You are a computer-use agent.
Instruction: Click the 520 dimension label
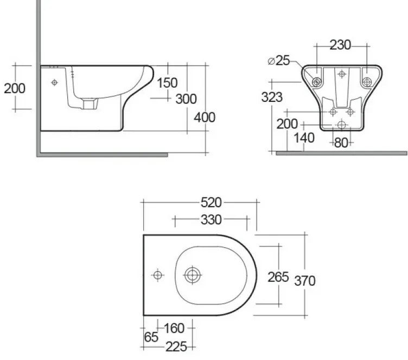coord(211,202)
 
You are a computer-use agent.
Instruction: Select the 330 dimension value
coord(211,220)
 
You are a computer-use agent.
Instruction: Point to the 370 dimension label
coord(305,280)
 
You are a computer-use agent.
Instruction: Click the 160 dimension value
coord(174,328)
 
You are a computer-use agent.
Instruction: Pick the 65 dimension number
coord(152,337)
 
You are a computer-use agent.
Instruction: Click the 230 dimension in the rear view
coord(341,45)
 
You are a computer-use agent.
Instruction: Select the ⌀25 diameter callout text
coord(279,61)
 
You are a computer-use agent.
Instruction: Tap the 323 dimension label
coord(272,97)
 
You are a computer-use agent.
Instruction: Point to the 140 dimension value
coord(304,138)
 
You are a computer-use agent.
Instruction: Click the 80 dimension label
coord(341,143)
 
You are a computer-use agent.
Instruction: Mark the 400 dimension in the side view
coord(205,117)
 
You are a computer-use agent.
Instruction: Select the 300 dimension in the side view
coord(186,99)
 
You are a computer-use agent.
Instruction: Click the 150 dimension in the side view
coord(167,82)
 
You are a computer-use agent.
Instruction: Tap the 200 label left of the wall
coord(15,88)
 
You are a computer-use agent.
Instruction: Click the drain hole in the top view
coord(192,275)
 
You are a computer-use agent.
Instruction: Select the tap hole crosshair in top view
coord(158,275)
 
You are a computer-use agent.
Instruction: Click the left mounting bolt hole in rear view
coord(316,82)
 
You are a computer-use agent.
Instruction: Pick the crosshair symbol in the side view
coord(54,82)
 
